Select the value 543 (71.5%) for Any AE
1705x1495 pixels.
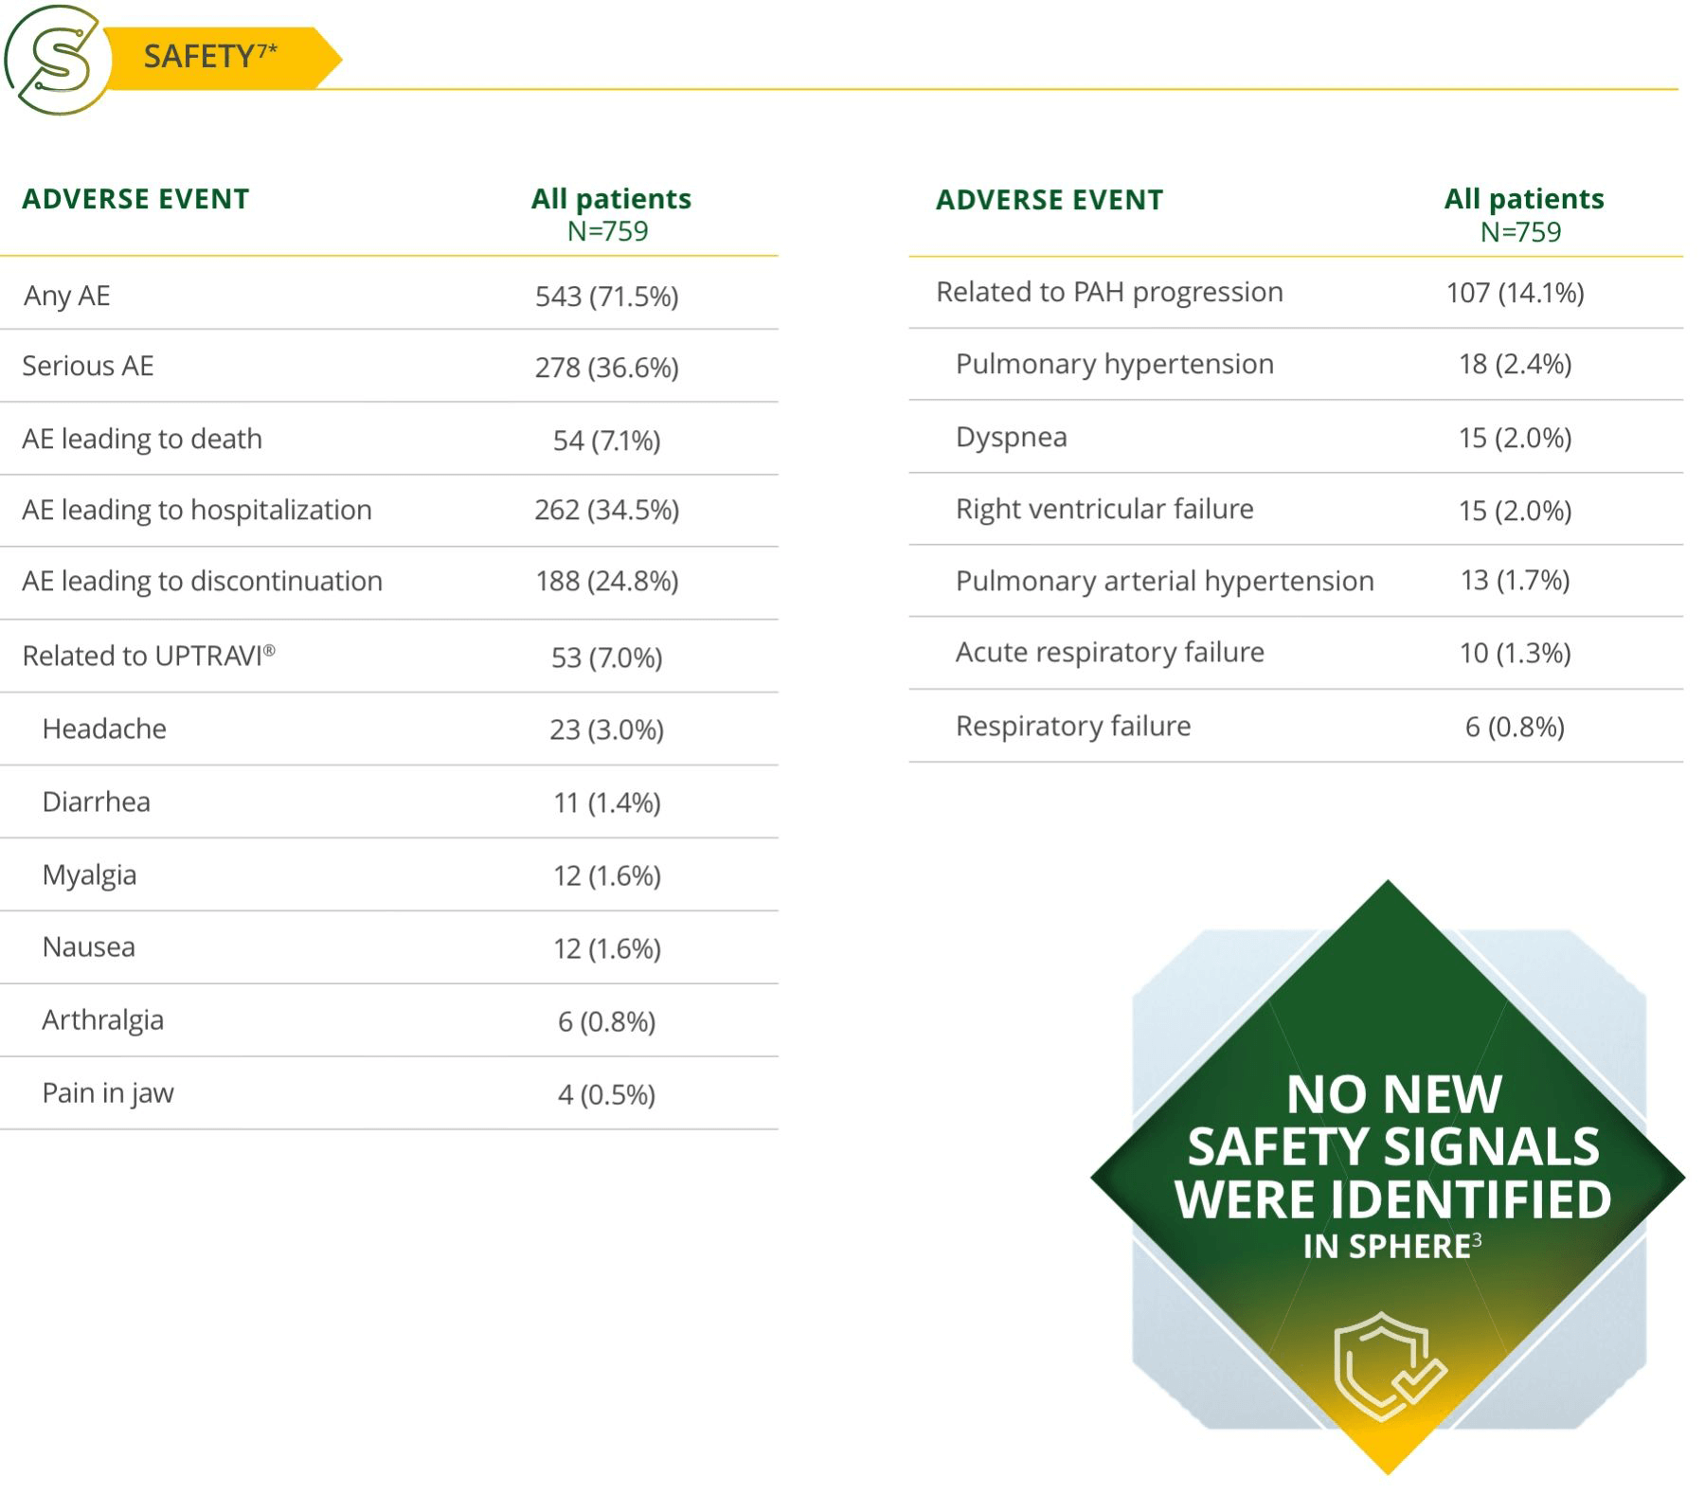click(606, 297)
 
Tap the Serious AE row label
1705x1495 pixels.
click(87, 366)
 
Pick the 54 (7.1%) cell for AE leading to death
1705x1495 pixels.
click(606, 441)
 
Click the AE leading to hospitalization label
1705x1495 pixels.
click(197, 510)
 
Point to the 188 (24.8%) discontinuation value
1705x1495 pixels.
click(606, 581)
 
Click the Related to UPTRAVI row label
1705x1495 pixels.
click(148, 656)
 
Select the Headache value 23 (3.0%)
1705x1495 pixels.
click(606, 729)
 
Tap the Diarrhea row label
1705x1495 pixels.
click(96, 802)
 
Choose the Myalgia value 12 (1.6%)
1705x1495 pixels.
click(606, 875)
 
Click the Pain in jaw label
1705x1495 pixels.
click(108, 1092)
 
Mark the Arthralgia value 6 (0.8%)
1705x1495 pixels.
click(606, 1021)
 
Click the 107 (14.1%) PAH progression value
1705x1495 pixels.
click(1515, 293)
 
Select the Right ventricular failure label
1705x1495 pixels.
click(1104, 509)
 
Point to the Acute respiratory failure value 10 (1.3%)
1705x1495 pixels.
click(1515, 653)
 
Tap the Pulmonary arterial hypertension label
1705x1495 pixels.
click(1164, 581)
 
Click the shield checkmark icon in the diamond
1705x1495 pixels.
click(1388, 1365)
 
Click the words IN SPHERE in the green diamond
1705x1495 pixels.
click(1387, 1246)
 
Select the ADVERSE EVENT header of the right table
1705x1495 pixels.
click(1049, 200)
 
